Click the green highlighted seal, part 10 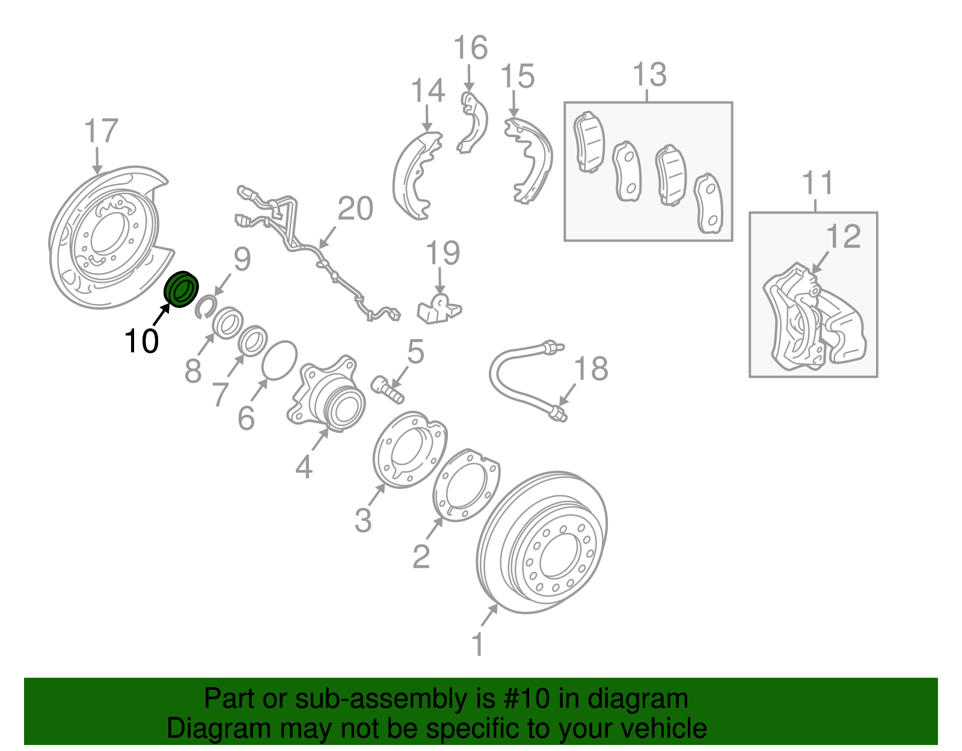[181, 289]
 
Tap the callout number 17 [101, 130]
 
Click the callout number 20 [355, 209]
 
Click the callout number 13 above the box [649, 74]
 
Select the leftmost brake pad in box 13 [589, 143]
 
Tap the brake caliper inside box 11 [812, 319]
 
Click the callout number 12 [843, 236]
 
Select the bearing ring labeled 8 [228, 323]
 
